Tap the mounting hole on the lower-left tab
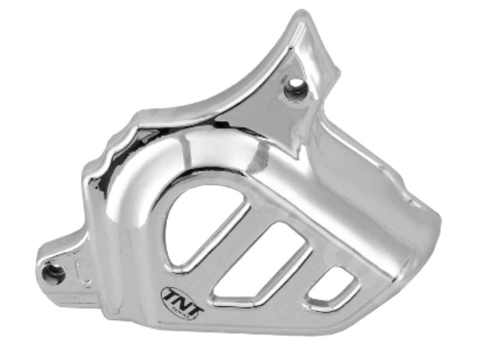(54, 274)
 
